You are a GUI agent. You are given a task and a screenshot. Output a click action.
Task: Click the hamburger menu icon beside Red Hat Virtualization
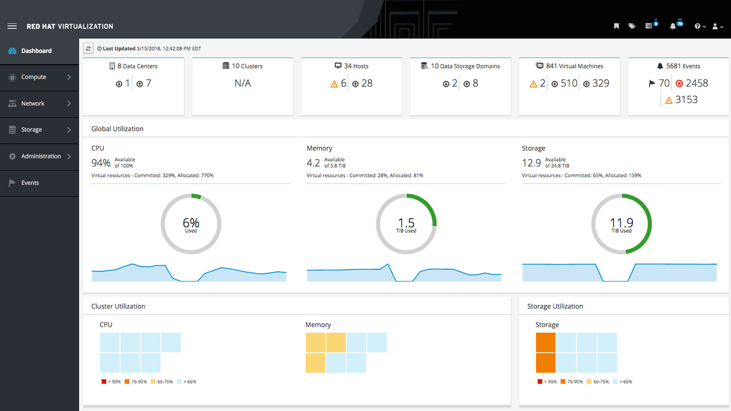(x=12, y=26)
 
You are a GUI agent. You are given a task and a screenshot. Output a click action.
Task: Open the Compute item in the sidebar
(x=33, y=77)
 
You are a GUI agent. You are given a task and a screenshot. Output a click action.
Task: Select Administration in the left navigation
(x=41, y=156)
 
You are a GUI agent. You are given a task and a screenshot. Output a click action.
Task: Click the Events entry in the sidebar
(x=30, y=183)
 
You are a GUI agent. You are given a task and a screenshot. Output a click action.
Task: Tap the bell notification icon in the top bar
(x=673, y=26)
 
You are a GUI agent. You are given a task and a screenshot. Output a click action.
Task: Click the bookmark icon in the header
(x=616, y=26)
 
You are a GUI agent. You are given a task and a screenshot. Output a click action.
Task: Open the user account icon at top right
(x=715, y=26)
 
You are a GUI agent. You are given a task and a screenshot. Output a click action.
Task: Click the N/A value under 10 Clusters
(x=243, y=83)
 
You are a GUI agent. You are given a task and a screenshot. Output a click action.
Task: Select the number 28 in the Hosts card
(x=367, y=83)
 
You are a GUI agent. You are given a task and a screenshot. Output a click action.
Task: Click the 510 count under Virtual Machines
(x=569, y=83)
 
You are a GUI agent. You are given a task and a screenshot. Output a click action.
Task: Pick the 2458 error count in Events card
(x=697, y=83)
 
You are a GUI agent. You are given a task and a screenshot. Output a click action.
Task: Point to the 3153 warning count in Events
(x=686, y=100)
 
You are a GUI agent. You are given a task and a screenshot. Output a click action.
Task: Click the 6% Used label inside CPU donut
(x=191, y=224)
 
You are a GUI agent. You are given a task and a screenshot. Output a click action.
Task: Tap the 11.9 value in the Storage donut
(x=621, y=223)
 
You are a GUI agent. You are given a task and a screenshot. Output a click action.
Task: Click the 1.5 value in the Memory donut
(x=406, y=223)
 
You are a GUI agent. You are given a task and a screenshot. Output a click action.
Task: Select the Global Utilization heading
(x=117, y=129)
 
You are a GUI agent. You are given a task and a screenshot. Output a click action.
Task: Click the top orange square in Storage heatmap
(x=546, y=342)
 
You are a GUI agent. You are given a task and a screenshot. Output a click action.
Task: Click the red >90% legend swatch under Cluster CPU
(x=104, y=381)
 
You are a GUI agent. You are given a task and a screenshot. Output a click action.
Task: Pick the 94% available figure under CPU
(x=101, y=163)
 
